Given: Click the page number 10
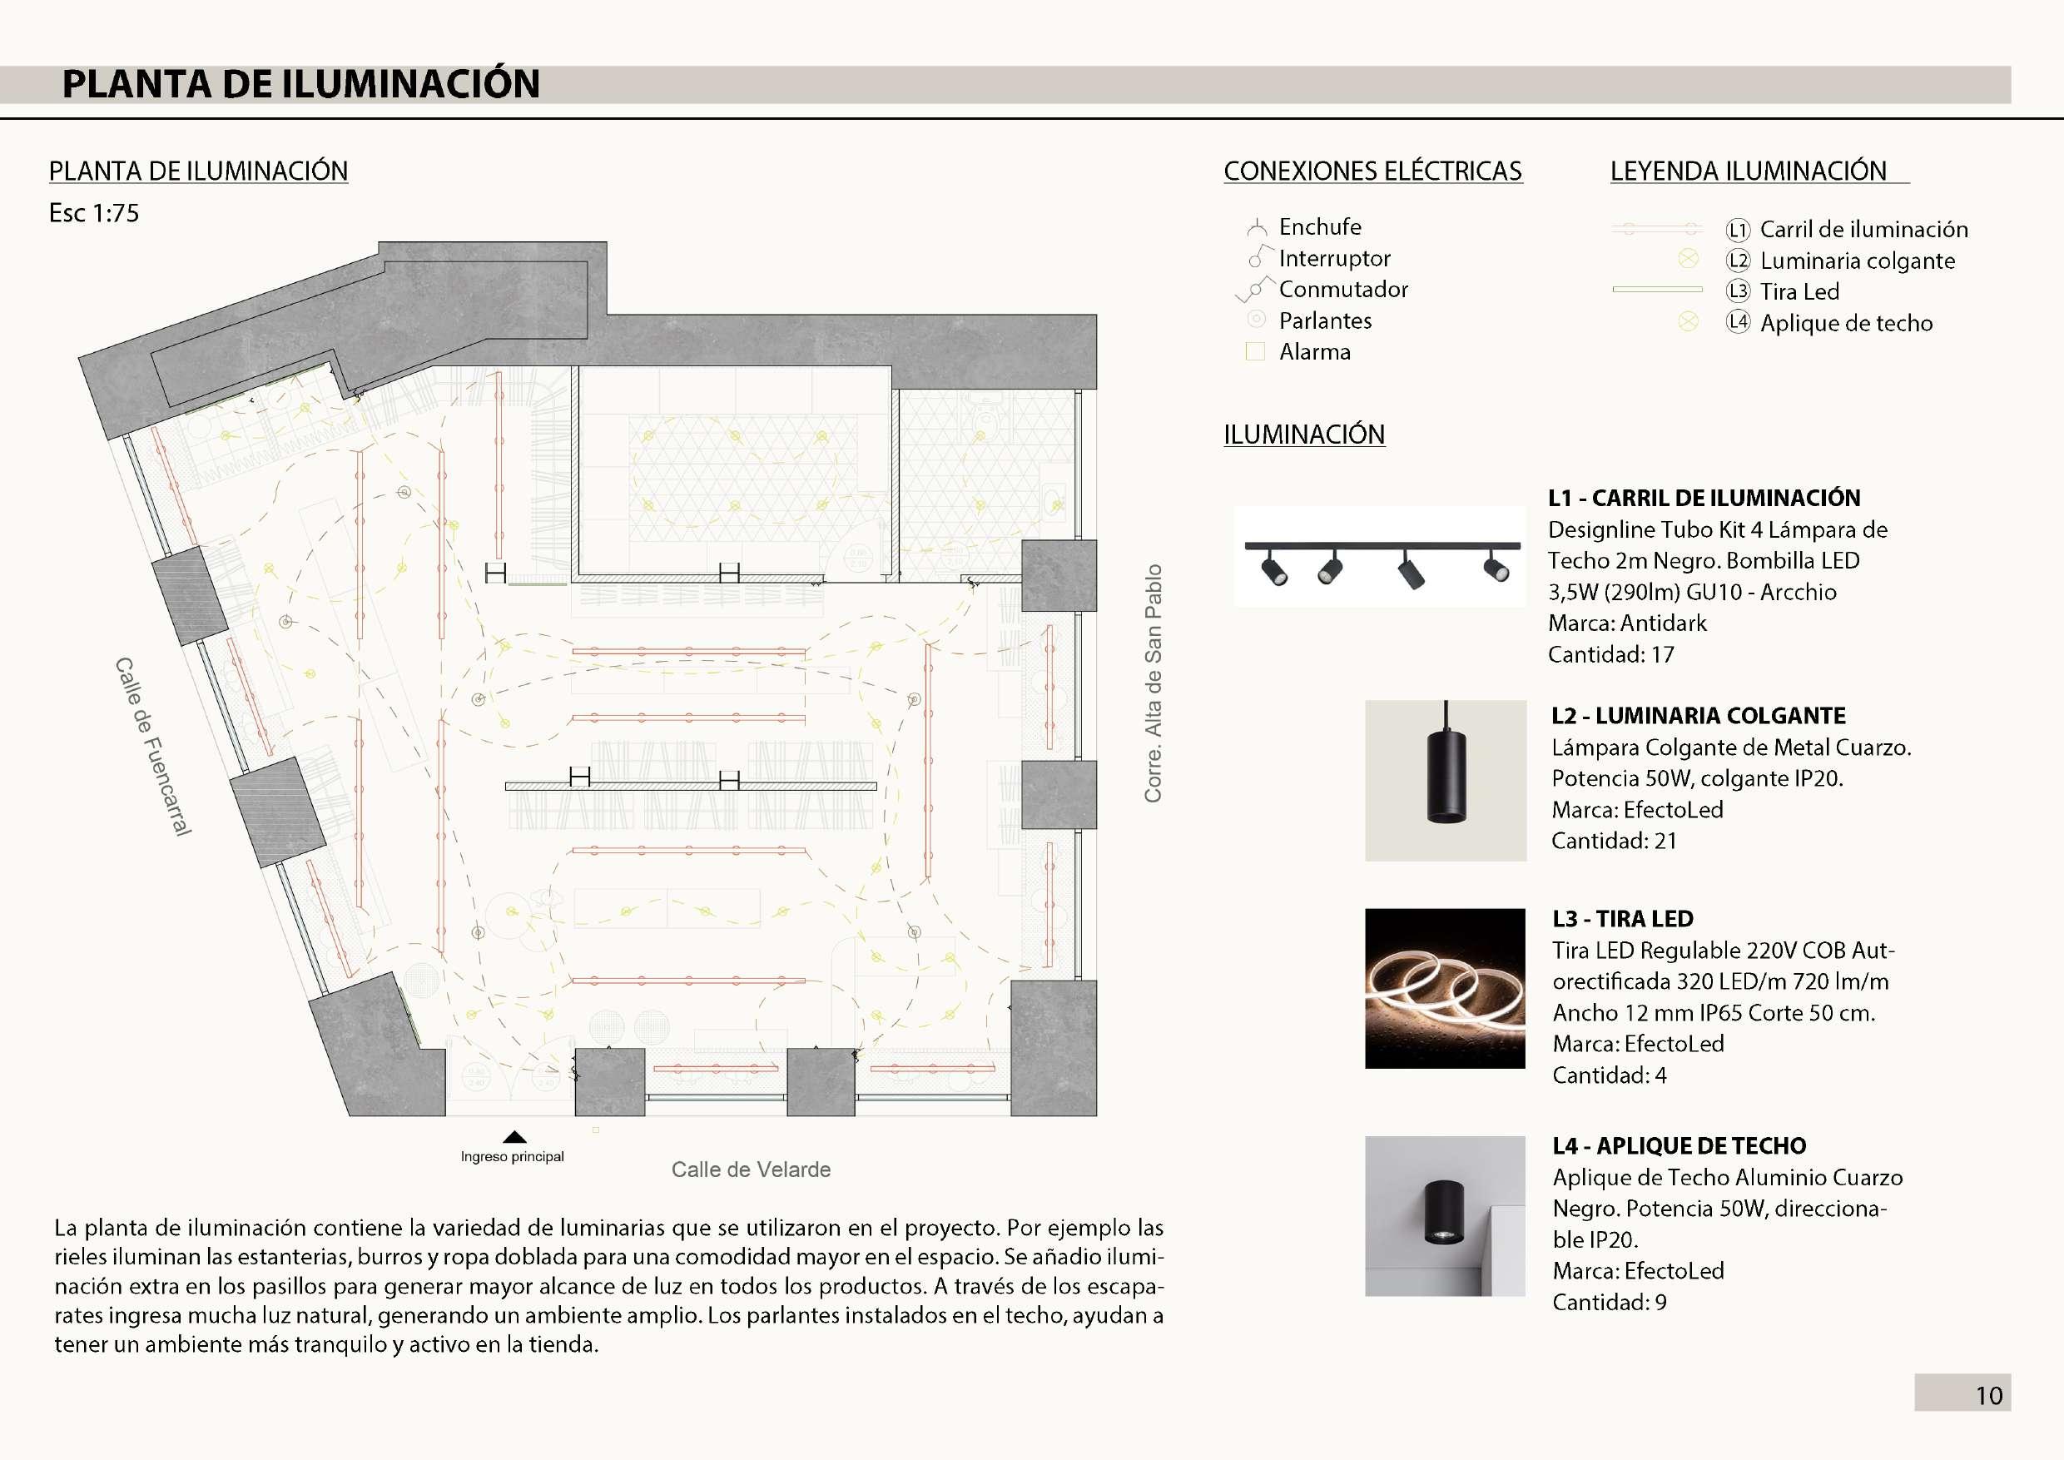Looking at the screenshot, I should pyautogui.click(x=1988, y=1395).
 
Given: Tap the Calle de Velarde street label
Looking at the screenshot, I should pyautogui.click(x=751, y=1169).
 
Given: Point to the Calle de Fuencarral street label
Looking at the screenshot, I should pyautogui.click(x=153, y=746).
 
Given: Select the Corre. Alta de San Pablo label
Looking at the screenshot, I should pyautogui.click(x=1154, y=683).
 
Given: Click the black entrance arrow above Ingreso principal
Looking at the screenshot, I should pyautogui.click(x=514, y=1137).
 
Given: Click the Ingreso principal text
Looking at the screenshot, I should pyautogui.click(x=513, y=1157).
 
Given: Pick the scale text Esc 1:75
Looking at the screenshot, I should pyautogui.click(x=93, y=214).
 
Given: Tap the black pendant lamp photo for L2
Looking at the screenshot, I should pyautogui.click(x=1446, y=780).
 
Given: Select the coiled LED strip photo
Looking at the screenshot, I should pyautogui.click(x=1445, y=988).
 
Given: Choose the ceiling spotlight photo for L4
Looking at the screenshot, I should pyautogui.click(x=1445, y=1215).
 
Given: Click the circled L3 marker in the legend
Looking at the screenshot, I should pyautogui.click(x=1738, y=291).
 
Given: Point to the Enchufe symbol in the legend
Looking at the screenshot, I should pyautogui.click(x=1257, y=227).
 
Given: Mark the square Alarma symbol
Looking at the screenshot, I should pyautogui.click(x=1255, y=351).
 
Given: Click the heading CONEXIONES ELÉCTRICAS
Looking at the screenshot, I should pyautogui.click(x=1372, y=171).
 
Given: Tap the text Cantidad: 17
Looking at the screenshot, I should pyautogui.click(x=1611, y=654).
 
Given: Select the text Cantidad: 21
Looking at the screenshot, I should pyautogui.click(x=1614, y=841).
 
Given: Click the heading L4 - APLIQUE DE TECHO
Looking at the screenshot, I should pyautogui.click(x=1679, y=1146).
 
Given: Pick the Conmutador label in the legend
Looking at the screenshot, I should pyautogui.click(x=1343, y=290).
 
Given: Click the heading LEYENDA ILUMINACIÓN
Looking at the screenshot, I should pyautogui.click(x=1748, y=171).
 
